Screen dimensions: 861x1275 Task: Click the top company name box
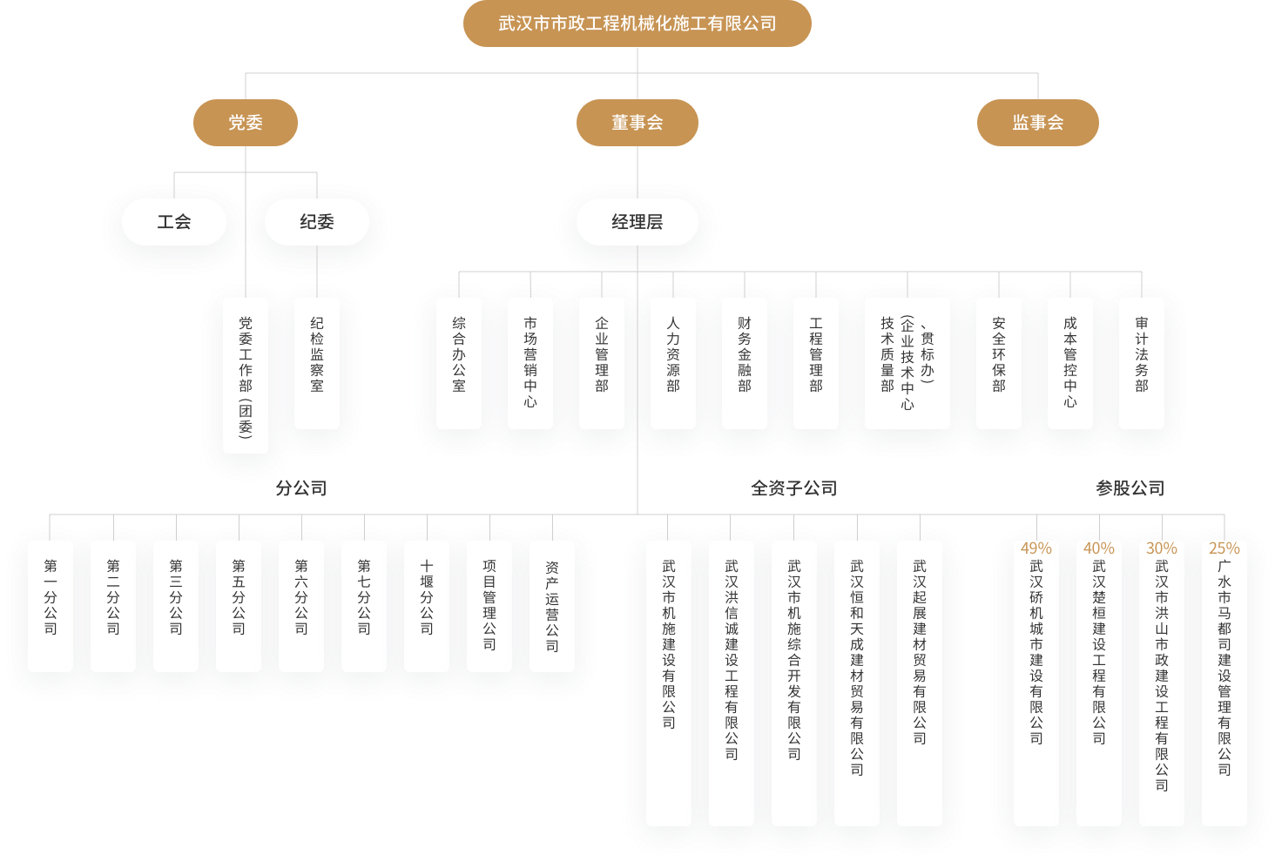tap(637, 24)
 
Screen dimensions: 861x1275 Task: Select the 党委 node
tap(246, 123)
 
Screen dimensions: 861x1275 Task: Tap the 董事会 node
tap(637, 123)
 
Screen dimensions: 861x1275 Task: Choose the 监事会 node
tap(1037, 123)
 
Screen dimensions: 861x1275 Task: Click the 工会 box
tap(174, 222)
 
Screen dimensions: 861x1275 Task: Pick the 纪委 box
tap(317, 222)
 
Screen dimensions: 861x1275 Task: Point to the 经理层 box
tap(637, 222)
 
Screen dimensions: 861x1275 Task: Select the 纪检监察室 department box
tap(317, 362)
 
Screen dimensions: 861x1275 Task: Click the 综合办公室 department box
tap(459, 362)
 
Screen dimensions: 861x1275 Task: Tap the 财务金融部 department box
tap(745, 362)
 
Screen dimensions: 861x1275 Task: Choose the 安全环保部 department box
tap(999, 362)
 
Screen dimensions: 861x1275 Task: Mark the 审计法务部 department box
tap(1142, 362)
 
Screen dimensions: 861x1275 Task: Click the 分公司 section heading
tap(301, 488)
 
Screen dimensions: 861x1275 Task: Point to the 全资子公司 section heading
tap(793, 488)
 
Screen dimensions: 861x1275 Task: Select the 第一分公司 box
tap(51, 605)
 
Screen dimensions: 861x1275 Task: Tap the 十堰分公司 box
tap(427, 605)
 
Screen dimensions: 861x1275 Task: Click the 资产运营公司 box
tap(552, 605)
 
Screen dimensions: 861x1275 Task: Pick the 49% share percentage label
tap(1036, 548)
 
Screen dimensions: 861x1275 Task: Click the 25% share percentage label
tap(1224, 548)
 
